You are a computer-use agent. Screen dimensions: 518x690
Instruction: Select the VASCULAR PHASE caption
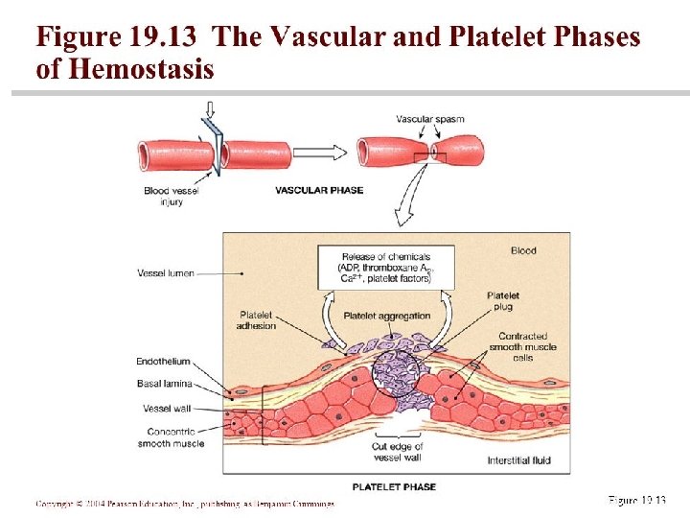[x=319, y=190]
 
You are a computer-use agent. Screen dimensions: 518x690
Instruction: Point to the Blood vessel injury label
[x=170, y=196]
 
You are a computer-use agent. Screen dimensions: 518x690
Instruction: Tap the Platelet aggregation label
[x=386, y=316]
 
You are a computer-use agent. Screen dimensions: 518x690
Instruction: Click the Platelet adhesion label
[x=256, y=319]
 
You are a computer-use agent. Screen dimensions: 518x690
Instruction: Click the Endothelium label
[x=163, y=362]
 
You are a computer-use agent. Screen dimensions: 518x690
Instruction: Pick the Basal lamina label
[x=165, y=383]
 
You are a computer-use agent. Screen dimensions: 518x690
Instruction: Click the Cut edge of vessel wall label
[x=397, y=452]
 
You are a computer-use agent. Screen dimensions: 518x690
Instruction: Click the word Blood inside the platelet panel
[x=523, y=251]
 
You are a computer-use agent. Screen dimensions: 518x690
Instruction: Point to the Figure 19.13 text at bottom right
[x=635, y=500]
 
